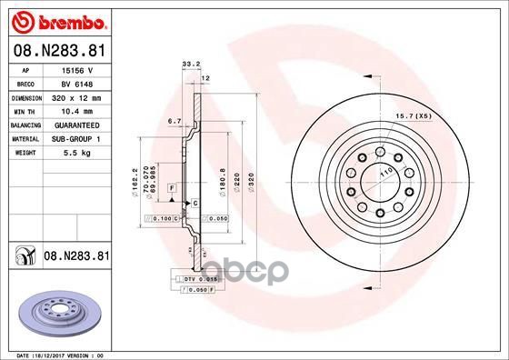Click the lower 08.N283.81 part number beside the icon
[x=75, y=257]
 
